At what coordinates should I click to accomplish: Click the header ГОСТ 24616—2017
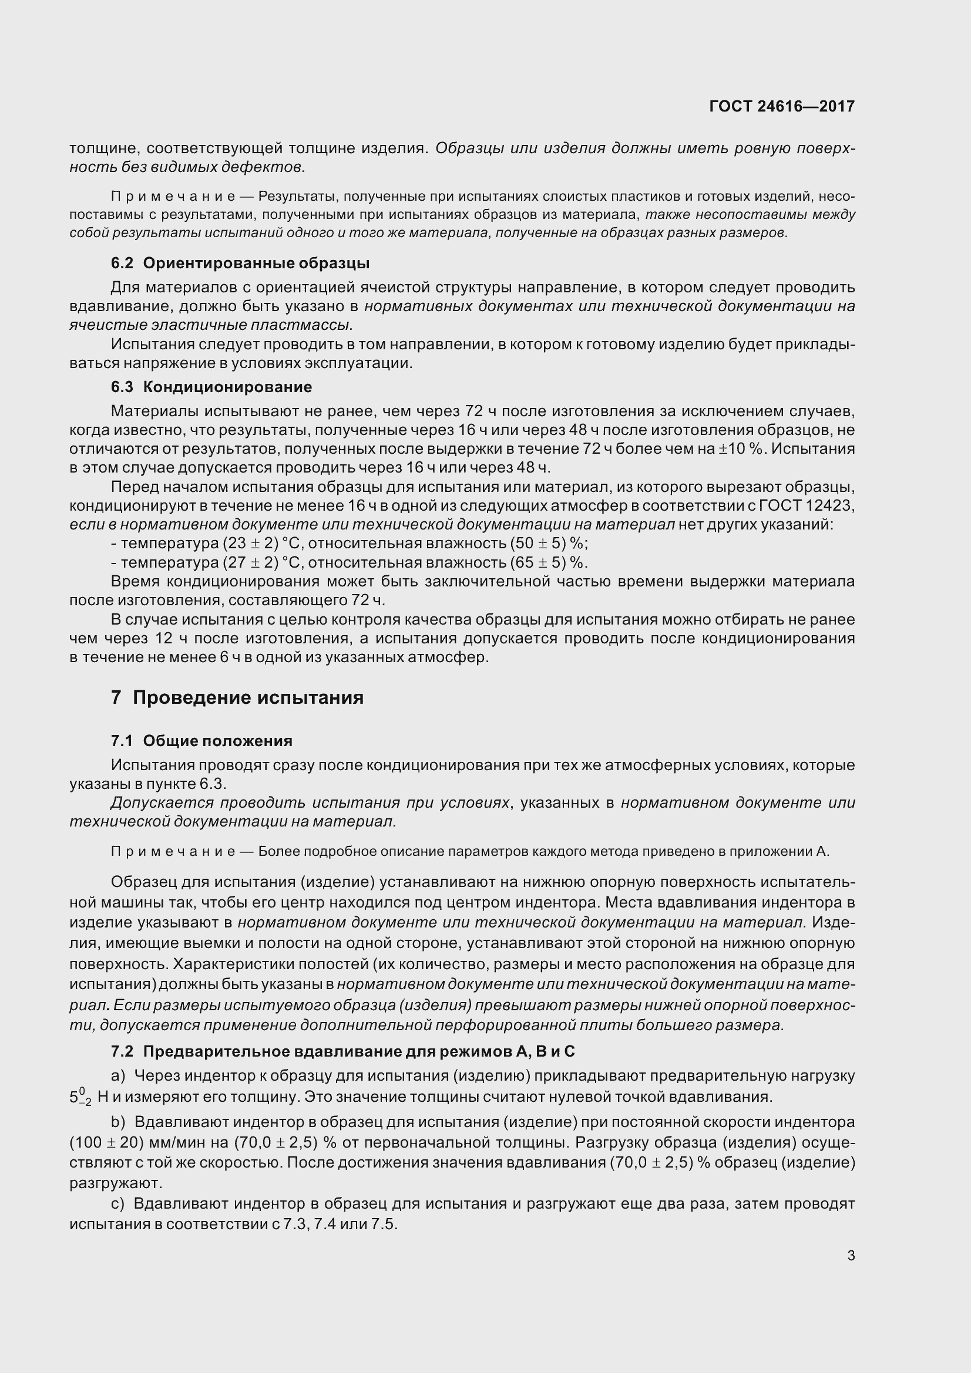(x=781, y=106)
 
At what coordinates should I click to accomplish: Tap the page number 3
(x=851, y=1256)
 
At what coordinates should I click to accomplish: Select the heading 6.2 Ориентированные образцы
(x=240, y=263)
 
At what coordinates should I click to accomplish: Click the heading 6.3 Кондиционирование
(x=211, y=387)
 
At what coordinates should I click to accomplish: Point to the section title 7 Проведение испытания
(x=237, y=697)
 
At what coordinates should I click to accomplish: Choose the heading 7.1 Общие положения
(x=201, y=741)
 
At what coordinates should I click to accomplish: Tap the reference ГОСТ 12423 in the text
(x=807, y=505)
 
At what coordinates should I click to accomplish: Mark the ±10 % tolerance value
(x=741, y=448)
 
